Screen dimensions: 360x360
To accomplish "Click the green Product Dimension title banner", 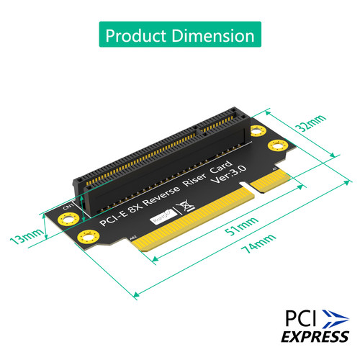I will pos(180,35).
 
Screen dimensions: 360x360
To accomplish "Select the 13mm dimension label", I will pos(26,235).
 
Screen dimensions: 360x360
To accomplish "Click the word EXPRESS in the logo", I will pos(307,336).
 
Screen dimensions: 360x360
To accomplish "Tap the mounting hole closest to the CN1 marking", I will pos(60,219).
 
